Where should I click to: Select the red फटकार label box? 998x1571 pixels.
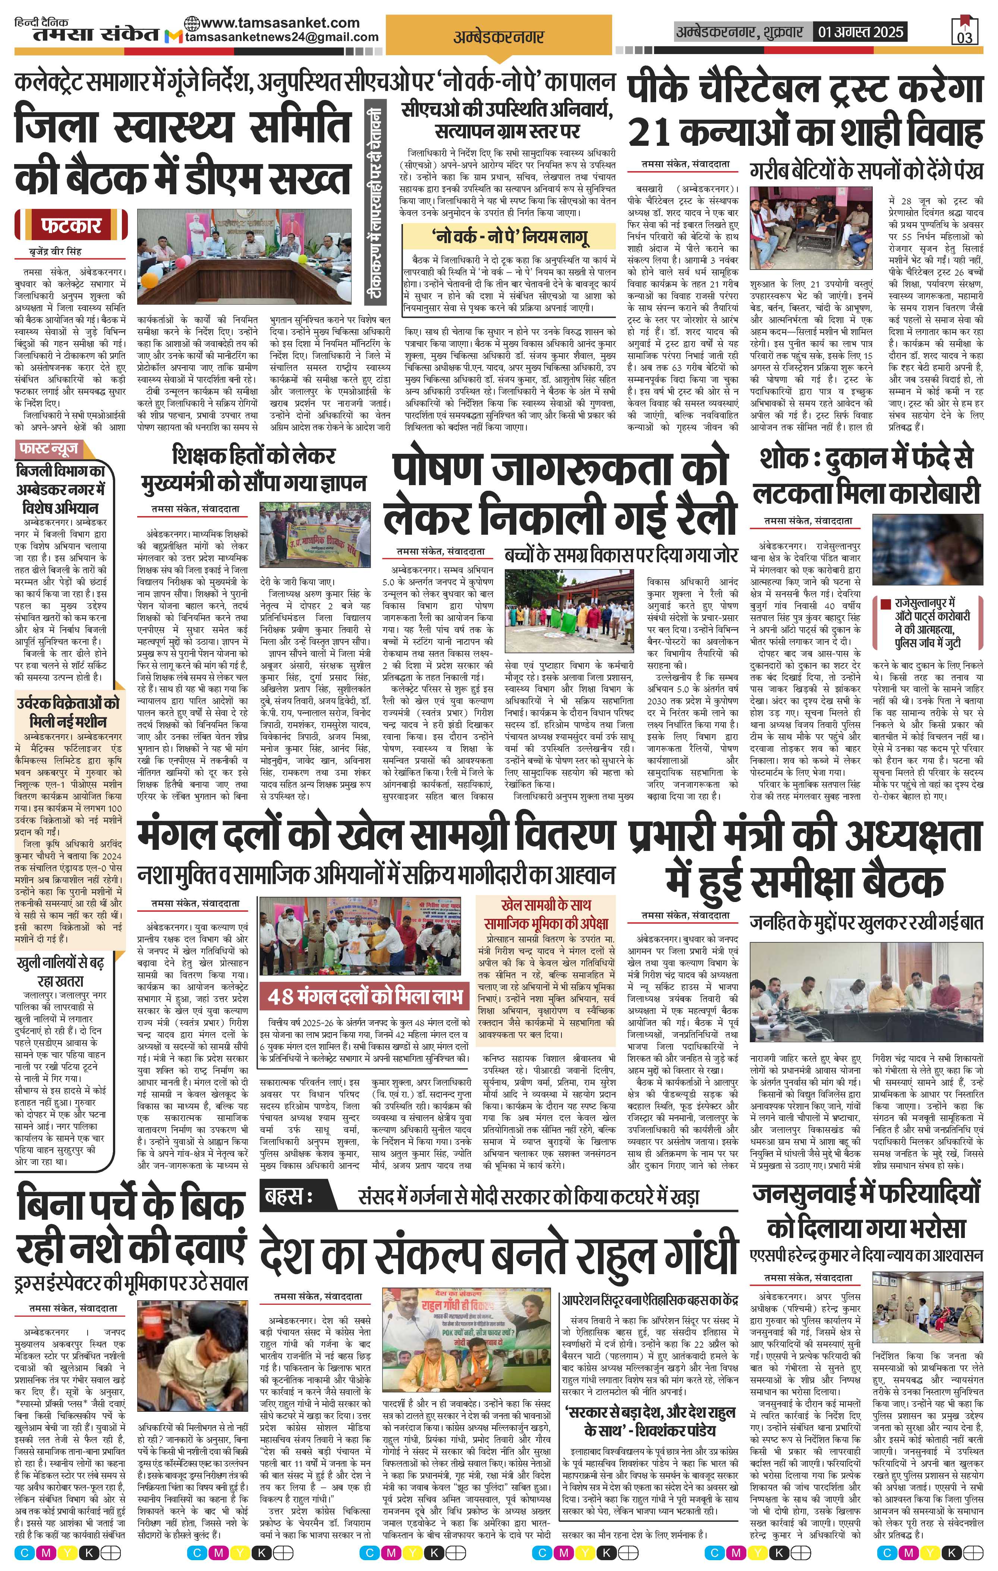(x=72, y=226)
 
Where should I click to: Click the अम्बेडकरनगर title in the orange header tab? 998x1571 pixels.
(x=498, y=37)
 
